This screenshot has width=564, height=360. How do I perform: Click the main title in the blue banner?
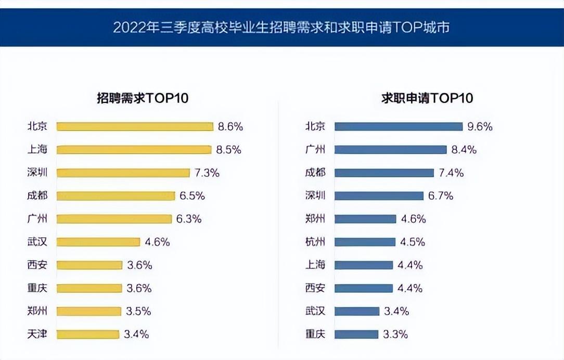point(281,27)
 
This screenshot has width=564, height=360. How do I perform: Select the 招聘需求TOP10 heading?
point(143,98)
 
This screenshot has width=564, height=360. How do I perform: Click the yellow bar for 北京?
point(135,126)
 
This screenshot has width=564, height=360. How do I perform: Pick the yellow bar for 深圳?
point(123,173)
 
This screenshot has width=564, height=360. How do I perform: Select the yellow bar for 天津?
point(88,334)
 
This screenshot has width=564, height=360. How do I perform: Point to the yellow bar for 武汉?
point(98,242)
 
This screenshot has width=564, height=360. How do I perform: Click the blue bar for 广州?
point(390,150)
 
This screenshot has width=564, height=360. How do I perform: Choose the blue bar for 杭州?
point(365,242)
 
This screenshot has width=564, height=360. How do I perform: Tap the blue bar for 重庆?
point(356,334)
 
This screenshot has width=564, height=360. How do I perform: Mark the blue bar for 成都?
point(384,173)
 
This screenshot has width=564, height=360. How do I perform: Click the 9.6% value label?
point(479,126)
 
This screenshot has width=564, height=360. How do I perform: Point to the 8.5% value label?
point(228,150)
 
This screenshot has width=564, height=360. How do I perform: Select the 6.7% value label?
point(440,196)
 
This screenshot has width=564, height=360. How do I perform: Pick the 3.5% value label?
point(138,311)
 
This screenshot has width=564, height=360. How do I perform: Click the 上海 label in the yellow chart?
point(37,150)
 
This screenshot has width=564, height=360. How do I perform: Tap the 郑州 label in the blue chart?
point(315,218)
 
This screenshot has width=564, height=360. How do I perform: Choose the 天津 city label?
point(37,334)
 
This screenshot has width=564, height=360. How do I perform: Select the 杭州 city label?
point(315,242)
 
